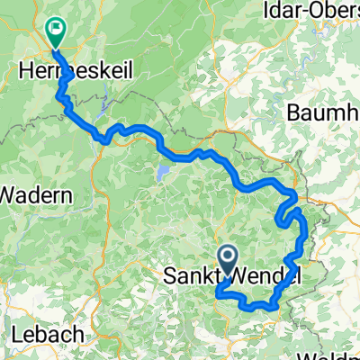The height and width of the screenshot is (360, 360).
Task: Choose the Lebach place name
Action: click(x=49, y=334)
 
